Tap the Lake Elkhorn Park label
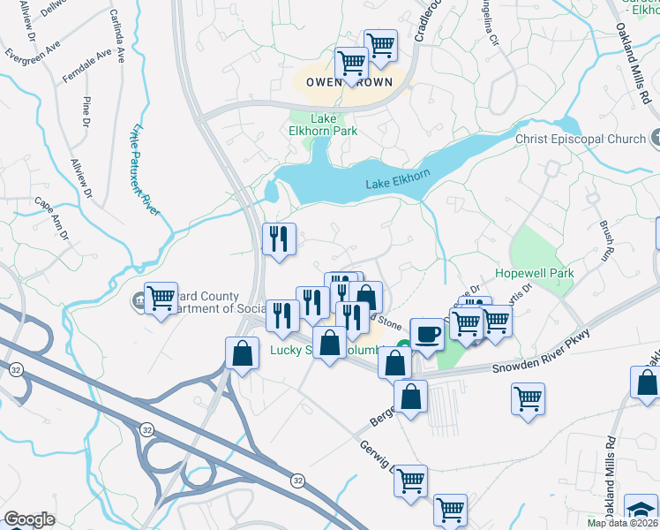(x=334, y=125)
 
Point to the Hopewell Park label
(x=534, y=273)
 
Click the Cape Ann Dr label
(x=52, y=217)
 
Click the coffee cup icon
(x=427, y=334)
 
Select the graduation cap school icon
(x=641, y=511)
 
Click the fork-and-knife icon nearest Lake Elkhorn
(x=279, y=238)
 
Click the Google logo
(x=29, y=519)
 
